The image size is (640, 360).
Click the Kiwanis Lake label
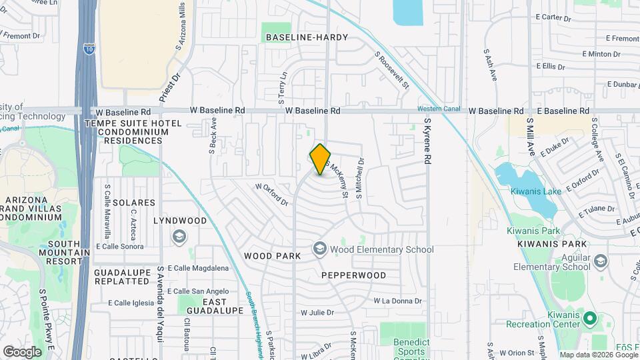533,191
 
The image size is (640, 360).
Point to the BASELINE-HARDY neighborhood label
307,37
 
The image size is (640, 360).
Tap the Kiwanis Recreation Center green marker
589,319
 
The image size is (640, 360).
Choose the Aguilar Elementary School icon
601,261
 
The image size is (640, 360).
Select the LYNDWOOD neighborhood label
180,220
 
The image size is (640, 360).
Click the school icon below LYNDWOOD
179,236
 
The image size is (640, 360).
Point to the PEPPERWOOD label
353,275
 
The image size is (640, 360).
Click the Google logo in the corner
22,351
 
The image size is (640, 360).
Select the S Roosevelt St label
391,71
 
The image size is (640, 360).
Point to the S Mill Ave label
531,137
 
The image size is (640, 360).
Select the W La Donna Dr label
398,301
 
